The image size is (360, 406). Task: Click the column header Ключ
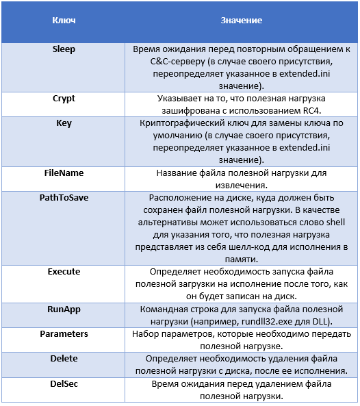coord(64,21)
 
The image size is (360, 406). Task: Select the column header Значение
coord(241,21)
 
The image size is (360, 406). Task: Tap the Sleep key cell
coord(64,50)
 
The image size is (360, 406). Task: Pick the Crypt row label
coord(64,99)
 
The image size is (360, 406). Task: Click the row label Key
coord(64,124)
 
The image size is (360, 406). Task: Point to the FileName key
coord(64,173)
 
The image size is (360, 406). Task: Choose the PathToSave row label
coord(64,197)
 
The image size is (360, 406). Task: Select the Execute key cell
coord(64,272)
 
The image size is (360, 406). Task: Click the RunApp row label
coord(64,309)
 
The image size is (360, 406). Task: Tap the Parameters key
coord(64,334)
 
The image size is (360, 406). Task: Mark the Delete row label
coord(64,359)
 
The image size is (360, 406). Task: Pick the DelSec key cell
coord(64,383)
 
